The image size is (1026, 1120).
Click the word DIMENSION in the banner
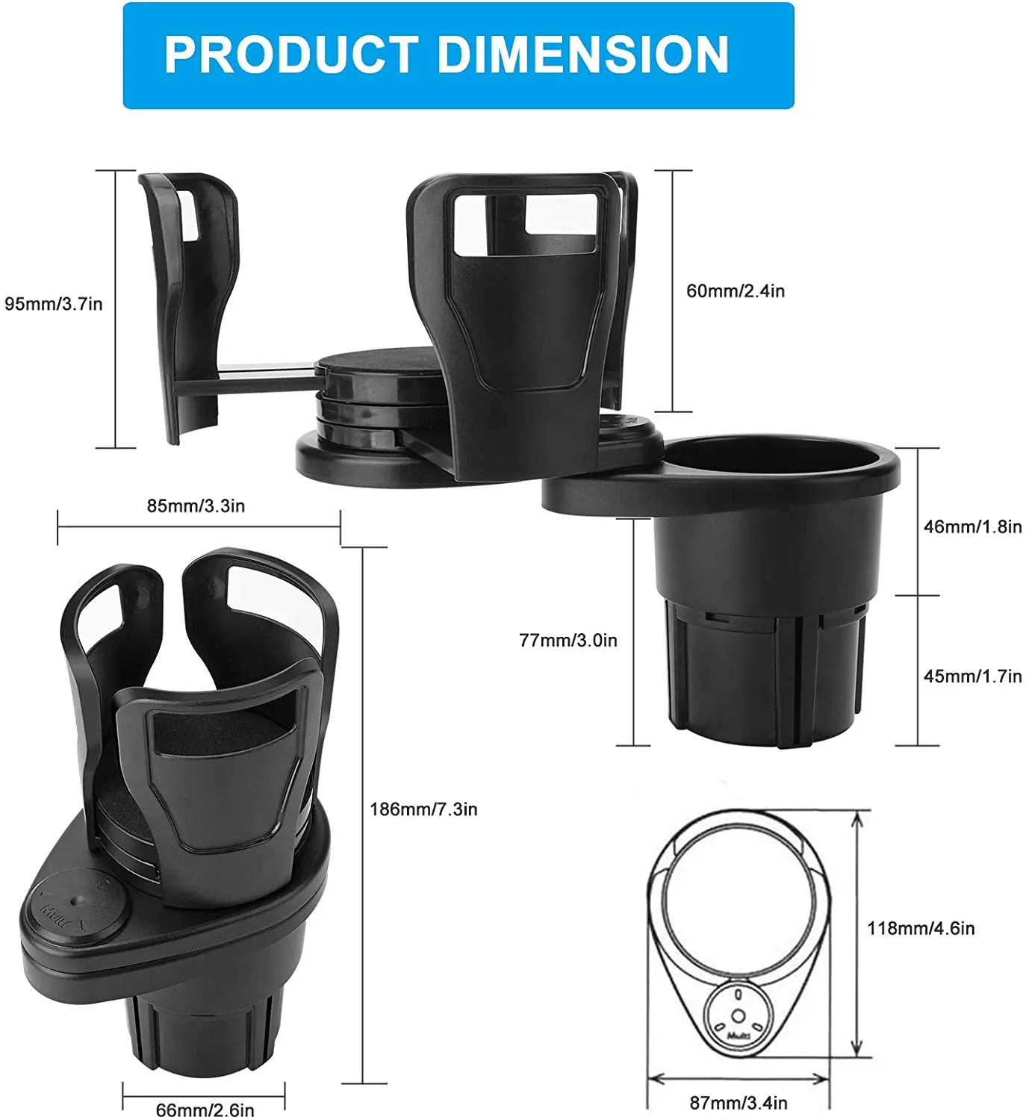coord(582,55)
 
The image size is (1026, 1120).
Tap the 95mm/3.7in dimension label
coord(54,304)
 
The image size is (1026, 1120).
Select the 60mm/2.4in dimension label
coord(736,291)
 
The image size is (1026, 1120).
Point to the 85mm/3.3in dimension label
coord(196,506)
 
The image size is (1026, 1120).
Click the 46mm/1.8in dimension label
coord(972,527)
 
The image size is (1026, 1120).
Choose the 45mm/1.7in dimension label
coord(972,676)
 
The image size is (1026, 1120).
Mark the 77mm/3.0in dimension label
coord(568,641)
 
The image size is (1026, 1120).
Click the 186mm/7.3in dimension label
coord(423,809)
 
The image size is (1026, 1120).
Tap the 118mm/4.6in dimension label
coord(921,929)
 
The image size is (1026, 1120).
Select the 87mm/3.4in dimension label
coord(738,1103)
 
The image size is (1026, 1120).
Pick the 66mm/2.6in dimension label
coord(205,1110)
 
